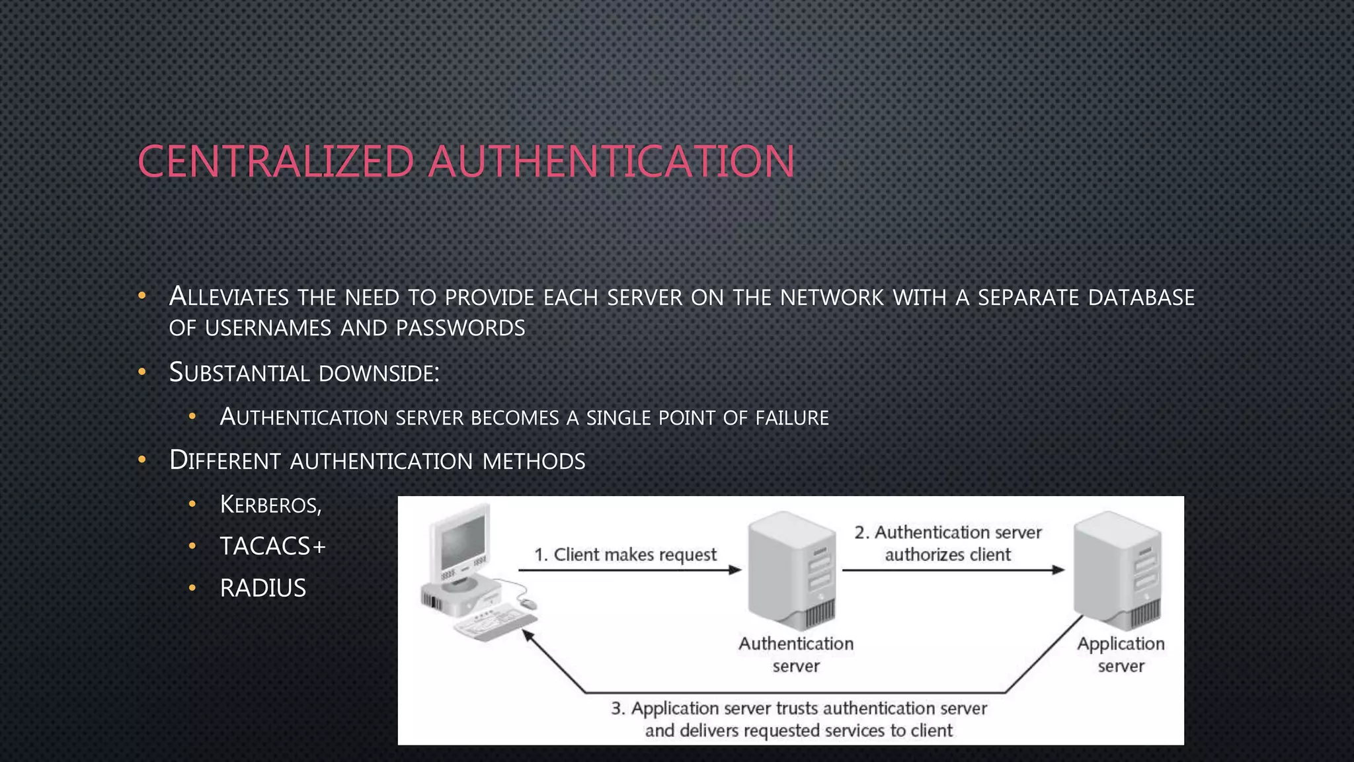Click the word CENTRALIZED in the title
pyautogui.click(x=276, y=162)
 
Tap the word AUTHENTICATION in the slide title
pyautogui.click(x=611, y=162)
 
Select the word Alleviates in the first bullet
pyautogui.click(x=229, y=297)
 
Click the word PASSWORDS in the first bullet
pyautogui.click(x=460, y=328)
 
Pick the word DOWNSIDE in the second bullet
pyautogui.click(x=378, y=373)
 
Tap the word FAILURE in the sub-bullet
pyautogui.click(x=792, y=418)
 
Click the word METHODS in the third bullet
pyautogui.click(x=534, y=461)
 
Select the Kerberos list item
pyautogui.click(x=270, y=505)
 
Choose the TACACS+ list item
pyautogui.click(x=272, y=546)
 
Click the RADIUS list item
pyautogui.click(x=262, y=588)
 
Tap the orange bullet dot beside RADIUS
pyautogui.click(x=192, y=587)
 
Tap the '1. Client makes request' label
pyautogui.click(x=625, y=554)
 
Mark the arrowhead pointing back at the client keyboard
pyautogui.click(x=528, y=636)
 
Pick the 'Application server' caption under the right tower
pyautogui.click(x=1121, y=654)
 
